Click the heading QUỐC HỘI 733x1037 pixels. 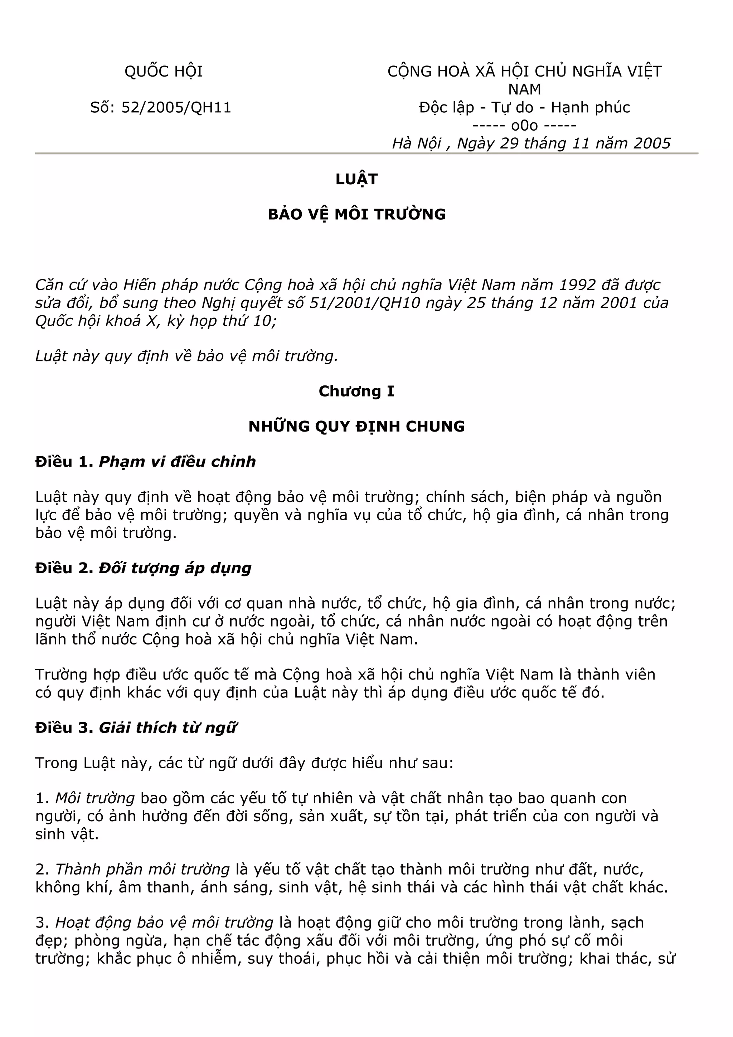[164, 71]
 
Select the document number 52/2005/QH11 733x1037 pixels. [176, 107]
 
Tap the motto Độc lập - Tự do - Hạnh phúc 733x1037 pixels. [524, 107]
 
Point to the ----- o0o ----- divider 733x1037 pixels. [524, 125]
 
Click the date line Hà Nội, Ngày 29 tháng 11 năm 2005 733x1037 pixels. [531, 143]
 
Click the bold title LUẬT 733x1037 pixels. [356, 179]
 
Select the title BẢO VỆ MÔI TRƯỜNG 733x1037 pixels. [356, 214]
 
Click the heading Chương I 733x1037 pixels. [356, 391]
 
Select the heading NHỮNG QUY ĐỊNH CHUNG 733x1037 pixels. [356, 427]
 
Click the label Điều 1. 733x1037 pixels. [64, 462]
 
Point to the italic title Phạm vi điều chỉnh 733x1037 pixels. [177, 462]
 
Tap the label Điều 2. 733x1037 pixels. [64, 568]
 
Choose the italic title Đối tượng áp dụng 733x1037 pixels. [175, 568]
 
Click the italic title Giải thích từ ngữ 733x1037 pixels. [168, 727]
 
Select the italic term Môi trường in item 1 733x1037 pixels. [95, 799]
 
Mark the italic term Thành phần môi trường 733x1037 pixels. [142, 870]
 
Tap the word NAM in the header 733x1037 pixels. [524, 89]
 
